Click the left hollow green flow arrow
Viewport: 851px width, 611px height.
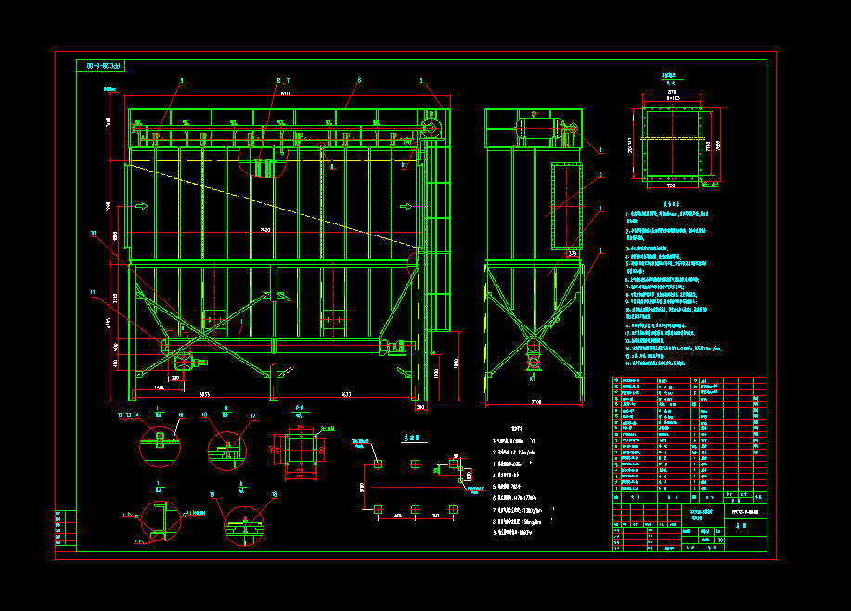point(141,206)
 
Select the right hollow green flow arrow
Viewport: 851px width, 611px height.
point(405,206)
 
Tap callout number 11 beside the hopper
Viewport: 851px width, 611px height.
point(93,294)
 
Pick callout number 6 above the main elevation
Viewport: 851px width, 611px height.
point(359,81)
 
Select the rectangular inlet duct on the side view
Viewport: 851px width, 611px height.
point(564,206)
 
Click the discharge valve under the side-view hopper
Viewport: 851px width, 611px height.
point(534,350)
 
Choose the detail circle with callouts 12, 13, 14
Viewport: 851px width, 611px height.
point(160,446)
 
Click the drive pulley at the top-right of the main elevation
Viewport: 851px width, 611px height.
point(432,128)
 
